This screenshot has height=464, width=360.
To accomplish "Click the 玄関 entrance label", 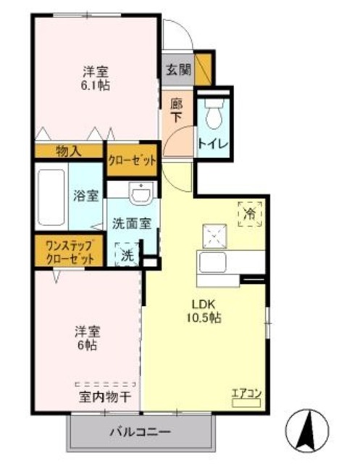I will (178, 70).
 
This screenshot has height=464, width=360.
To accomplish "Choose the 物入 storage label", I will (69, 151).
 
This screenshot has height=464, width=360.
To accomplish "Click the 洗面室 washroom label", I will (131, 223).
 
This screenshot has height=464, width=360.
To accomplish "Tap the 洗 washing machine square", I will (127, 254).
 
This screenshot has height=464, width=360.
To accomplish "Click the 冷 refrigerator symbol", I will (250, 214).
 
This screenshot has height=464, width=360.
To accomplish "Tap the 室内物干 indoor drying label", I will (104, 397).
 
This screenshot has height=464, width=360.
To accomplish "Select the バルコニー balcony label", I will (140, 433).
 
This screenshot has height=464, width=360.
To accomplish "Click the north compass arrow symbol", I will (312, 430).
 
